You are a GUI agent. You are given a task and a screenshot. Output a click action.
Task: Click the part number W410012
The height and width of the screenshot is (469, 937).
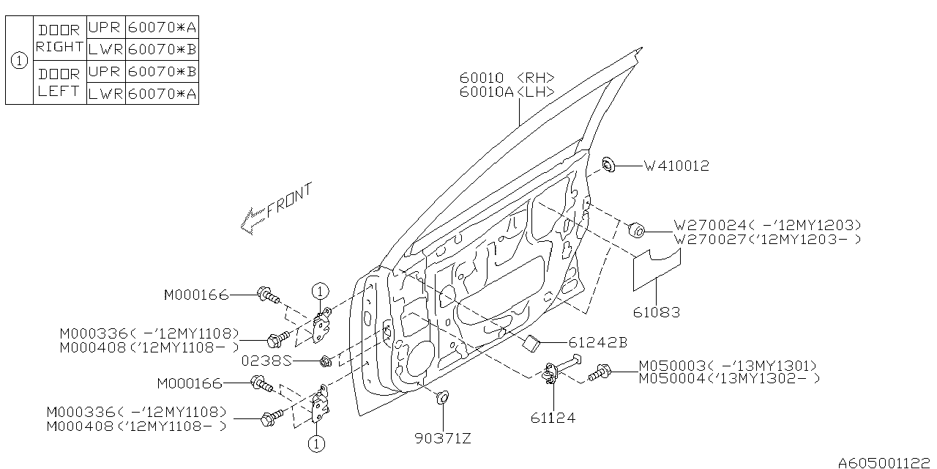[676, 166]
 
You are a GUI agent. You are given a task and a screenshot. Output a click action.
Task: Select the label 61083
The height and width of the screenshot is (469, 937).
[657, 312]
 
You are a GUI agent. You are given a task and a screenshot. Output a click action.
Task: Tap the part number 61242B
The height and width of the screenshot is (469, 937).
[597, 342]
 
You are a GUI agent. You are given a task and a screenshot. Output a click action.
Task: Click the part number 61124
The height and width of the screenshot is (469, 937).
[553, 418]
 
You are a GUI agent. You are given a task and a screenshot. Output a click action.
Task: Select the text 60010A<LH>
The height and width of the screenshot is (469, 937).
[507, 92]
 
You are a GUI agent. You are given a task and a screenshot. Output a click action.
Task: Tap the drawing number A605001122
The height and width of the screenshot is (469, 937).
[886, 462]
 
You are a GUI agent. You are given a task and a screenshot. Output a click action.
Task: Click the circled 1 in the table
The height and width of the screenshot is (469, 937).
[19, 61]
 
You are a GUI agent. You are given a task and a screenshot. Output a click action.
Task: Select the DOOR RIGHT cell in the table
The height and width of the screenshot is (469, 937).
[59, 39]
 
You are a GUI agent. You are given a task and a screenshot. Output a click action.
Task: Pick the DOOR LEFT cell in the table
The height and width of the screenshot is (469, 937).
[59, 83]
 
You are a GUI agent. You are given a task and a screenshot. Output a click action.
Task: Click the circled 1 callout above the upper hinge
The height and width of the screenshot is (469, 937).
[319, 291]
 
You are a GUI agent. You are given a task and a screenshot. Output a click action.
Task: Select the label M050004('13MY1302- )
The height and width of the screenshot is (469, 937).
[729, 378]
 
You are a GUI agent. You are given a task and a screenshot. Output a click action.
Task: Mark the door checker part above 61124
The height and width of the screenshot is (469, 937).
[556, 372]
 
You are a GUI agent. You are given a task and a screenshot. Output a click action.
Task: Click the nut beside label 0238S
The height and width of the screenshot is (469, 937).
[326, 360]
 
